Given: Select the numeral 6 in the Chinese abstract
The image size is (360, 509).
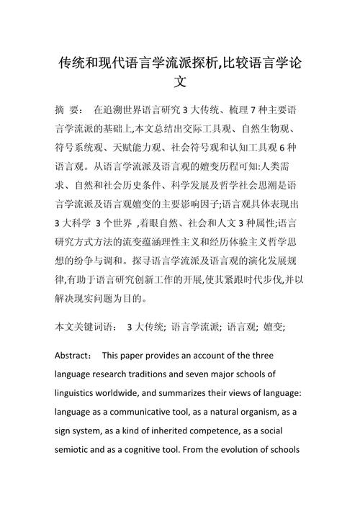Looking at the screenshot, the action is [x=282, y=148].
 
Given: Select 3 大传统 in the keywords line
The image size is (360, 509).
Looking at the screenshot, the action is [x=145, y=326].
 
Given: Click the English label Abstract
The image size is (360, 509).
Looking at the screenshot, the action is [x=73, y=356].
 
